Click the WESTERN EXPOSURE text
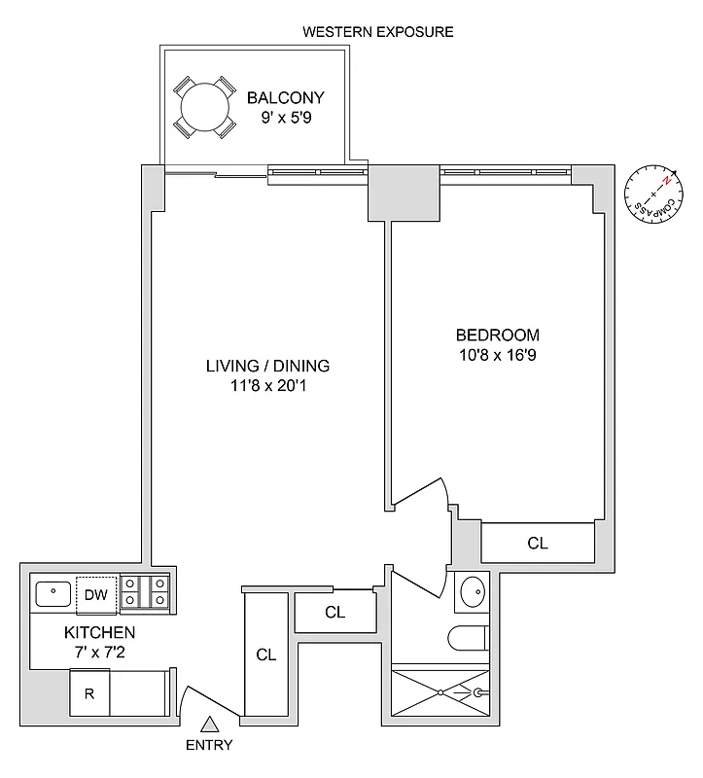pos(378,32)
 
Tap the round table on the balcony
pos(204,105)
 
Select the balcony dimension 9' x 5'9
pos(285,118)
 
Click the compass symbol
pos(650,192)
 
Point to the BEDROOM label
pos(497,336)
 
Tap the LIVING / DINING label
pos(267,367)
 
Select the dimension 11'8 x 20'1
pos(267,386)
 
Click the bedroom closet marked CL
pos(538,543)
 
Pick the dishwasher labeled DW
pos(95,595)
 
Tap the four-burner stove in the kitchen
pos(146,593)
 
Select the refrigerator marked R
pos(88,694)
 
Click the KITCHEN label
pos(73,632)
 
